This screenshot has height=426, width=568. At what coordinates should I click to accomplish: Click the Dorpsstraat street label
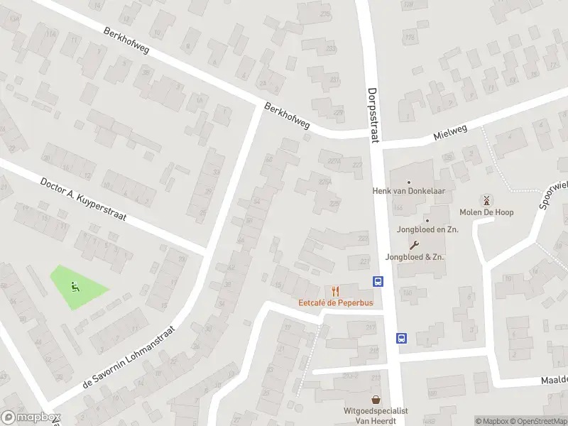374,115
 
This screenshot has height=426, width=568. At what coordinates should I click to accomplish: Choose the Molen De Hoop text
486,212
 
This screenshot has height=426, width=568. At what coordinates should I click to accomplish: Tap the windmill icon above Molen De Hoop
486,200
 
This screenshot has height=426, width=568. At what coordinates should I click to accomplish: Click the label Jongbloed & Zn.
415,256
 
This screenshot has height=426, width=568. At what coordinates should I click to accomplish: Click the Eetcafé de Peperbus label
335,303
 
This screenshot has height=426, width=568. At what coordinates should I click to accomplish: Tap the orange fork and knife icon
335,290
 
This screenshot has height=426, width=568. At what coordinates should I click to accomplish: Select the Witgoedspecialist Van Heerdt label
377,415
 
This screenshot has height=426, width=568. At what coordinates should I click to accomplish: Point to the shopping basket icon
376,400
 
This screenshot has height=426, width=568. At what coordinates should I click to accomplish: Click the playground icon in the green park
74,287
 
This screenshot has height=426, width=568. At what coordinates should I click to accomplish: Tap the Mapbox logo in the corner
30,417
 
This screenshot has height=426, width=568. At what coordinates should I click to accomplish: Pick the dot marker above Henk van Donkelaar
410,182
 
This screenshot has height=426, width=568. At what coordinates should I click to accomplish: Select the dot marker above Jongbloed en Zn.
427,220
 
